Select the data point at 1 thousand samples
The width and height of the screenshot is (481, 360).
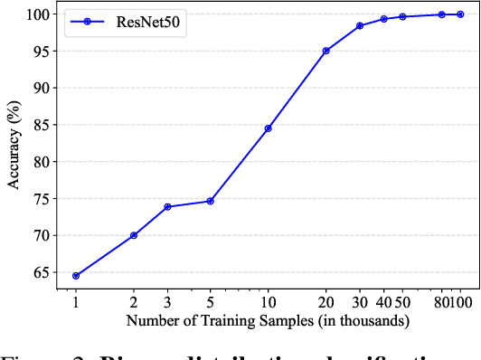coord(76,276)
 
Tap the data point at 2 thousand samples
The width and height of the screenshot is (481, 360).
coord(134,235)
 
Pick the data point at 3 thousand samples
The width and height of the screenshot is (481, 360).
coord(168,207)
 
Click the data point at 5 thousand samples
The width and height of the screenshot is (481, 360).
coord(211,201)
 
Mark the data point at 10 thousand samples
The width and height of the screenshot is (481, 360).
coord(269,128)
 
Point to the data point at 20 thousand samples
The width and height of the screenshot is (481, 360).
coord(326,51)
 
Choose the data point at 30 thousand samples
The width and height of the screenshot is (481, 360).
coord(360,25)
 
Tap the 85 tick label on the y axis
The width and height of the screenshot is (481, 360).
coord(38,125)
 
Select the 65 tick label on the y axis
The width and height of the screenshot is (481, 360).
coord(38,272)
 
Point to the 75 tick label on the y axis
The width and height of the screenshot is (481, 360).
coord(38,199)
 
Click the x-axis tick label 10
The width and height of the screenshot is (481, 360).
coord(269,303)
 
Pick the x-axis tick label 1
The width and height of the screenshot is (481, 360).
coord(76,303)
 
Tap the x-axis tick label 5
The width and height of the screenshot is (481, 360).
coord(211,303)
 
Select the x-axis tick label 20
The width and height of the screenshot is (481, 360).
coord(326,303)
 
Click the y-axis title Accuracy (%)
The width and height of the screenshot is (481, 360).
coord(13,146)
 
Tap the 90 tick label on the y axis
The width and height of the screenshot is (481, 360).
coord(38,88)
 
